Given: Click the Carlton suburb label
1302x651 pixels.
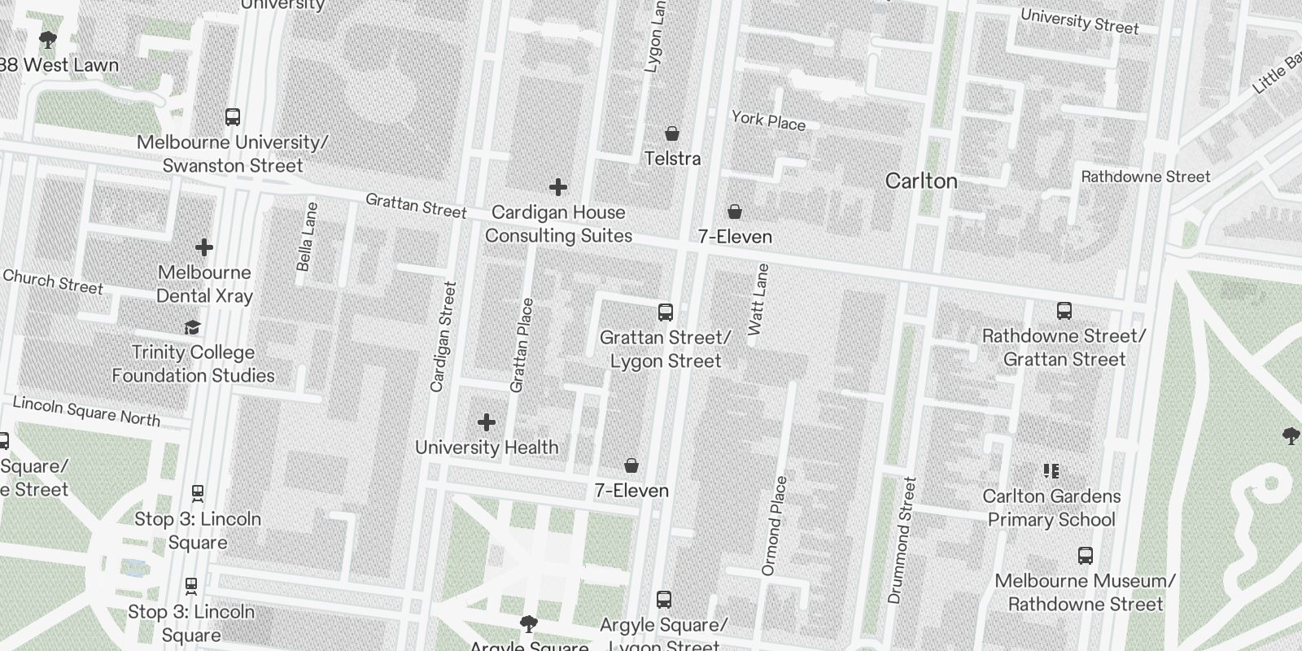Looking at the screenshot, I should click(x=921, y=181).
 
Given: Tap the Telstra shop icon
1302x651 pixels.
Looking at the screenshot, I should click(x=672, y=133).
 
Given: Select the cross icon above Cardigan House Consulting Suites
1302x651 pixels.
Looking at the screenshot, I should click(x=558, y=188).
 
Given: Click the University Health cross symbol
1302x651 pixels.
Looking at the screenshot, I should click(x=487, y=422).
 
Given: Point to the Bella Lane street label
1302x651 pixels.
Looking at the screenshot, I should click(x=307, y=237).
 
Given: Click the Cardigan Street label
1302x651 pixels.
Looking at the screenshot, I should click(x=443, y=336).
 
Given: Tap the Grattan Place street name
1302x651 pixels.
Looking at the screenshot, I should click(x=522, y=345).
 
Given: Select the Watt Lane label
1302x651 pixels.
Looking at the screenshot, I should click(x=758, y=299).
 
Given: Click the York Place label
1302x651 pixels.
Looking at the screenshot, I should click(x=768, y=121).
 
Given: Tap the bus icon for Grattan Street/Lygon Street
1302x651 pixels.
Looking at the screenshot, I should click(x=666, y=312).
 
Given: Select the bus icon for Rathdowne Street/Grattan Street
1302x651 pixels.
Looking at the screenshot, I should click(x=1064, y=311).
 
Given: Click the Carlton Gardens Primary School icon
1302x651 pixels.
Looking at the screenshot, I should click(x=1051, y=471).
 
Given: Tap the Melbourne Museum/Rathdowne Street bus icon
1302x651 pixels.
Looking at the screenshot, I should click(x=1085, y=556).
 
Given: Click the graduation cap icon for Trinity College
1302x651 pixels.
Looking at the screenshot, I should click(x=192, y=328).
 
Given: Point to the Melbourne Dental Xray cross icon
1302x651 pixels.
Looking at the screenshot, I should click(x=204, y=247).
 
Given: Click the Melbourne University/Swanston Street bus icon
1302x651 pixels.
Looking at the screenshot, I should click(x=233, y=117).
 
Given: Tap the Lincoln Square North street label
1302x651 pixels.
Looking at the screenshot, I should click(x=86, y=412).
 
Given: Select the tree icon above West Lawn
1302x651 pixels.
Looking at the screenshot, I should click(x=48, y=39).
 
